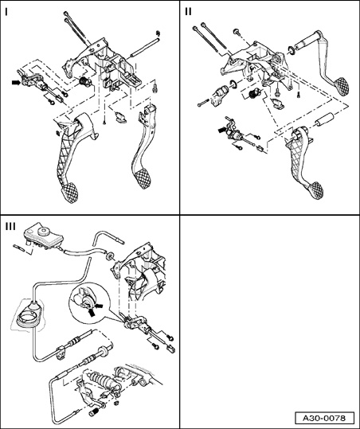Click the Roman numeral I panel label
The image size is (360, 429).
7,12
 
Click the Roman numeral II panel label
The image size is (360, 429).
188,12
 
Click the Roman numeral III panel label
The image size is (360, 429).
10,227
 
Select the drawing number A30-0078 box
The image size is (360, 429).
324,418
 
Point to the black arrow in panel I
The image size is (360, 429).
16,82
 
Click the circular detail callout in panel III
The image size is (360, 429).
89,302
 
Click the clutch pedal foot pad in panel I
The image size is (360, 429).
69,193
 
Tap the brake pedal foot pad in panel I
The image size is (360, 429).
142,178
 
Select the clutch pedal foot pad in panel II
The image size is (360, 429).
315,191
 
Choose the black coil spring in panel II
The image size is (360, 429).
253,94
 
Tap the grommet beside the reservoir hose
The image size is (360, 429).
110,255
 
